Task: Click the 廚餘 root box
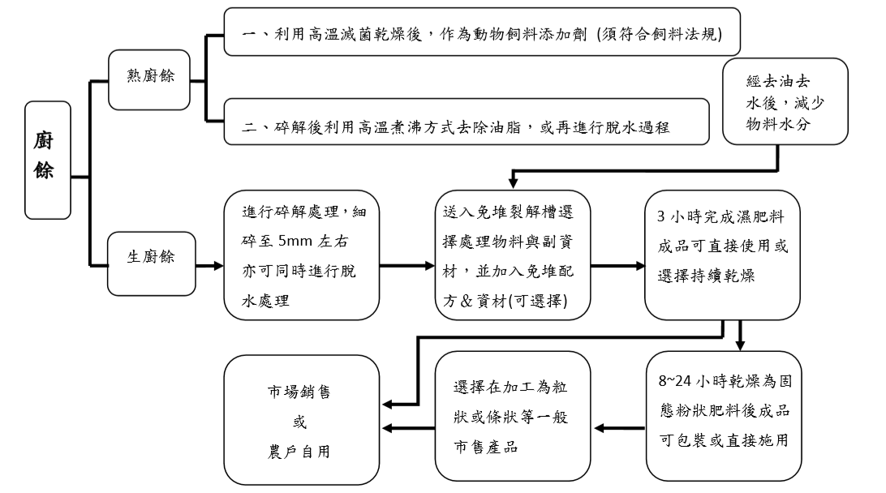coord(48,161)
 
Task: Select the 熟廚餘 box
coord(149,79)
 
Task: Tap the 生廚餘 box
coord(152,264)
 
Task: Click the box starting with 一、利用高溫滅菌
coord(482,32)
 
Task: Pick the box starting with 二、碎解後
coord(467,122)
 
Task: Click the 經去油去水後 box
coord(785,101)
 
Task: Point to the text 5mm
coord(295,241)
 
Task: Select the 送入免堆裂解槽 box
coord(513,255)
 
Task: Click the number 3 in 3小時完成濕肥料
coord(661,216)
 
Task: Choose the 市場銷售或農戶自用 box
coord(302,420)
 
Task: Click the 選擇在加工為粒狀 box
coord(513,416)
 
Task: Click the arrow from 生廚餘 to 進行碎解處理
coord(209,265)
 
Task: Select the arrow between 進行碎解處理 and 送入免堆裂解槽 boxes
coord(407,265)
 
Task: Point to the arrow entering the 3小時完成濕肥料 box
coord(617,265)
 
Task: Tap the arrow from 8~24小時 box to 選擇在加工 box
coord(620,429)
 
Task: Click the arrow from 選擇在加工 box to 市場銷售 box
coord(409,429)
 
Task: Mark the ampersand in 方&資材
coord(467,301)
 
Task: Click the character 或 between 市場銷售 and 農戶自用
coord(299,422)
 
